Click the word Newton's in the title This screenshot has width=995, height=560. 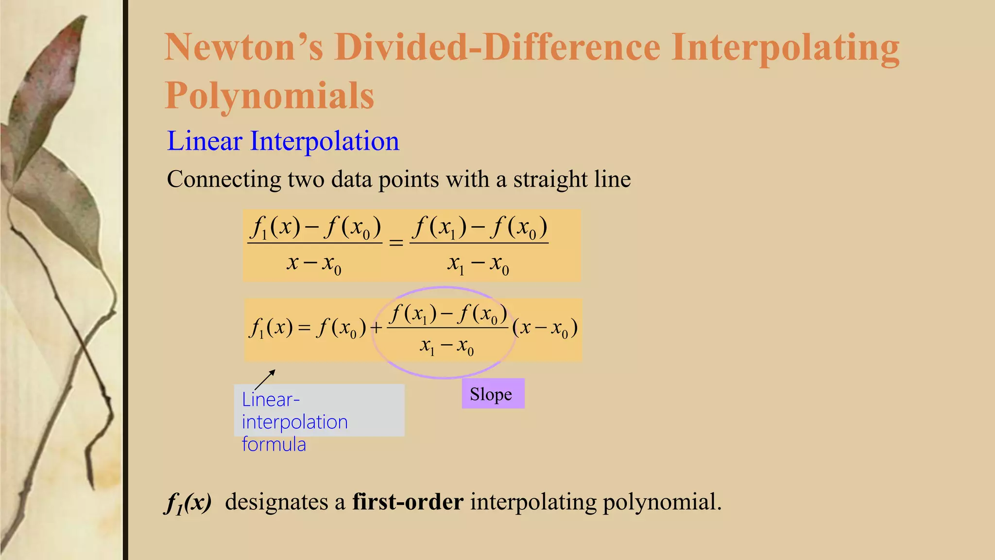[x=243, y=47]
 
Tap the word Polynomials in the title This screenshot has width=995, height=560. [x=270, y=95]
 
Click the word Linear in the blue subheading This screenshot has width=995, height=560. [x=204, y=141]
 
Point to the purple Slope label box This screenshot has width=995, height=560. [x=493, y=394]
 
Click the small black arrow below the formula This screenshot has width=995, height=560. [x=265, y=379]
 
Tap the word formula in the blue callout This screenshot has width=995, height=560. [x=274, y=444]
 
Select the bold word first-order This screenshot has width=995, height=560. [x=408, y=502]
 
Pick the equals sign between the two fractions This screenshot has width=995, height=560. [x=396, y=242]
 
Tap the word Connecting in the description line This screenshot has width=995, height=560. [x=223, y=179]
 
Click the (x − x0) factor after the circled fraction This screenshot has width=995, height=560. [x=545, y=328]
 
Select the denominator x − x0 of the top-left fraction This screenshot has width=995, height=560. [x=314, y=264]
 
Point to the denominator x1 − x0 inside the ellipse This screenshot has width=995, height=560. [x=446, y=347]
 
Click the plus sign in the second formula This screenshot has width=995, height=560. [x=376, y=329]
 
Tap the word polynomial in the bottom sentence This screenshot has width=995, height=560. [x=662, y=502]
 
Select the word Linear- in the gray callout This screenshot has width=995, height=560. [x=271, y=400]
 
